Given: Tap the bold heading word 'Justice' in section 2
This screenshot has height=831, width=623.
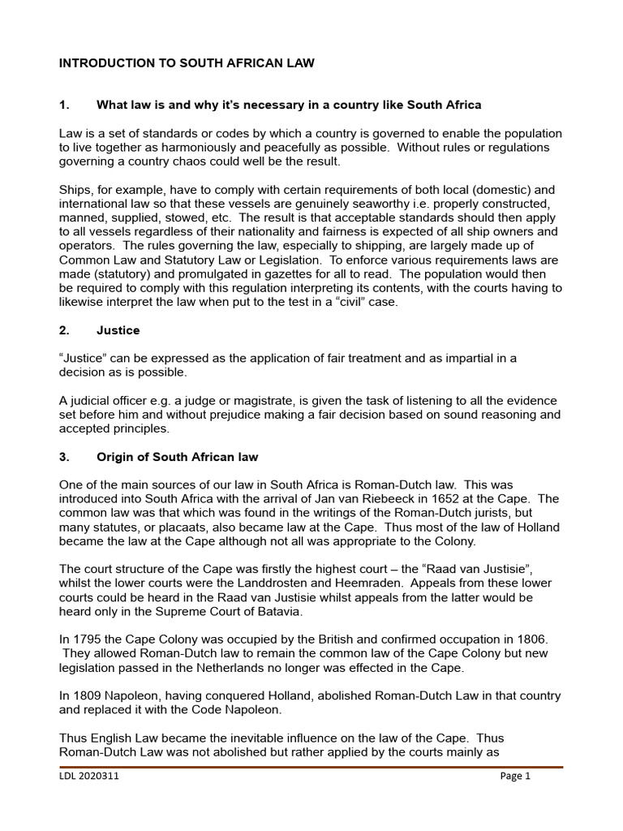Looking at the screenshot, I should (x=118, y=330).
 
